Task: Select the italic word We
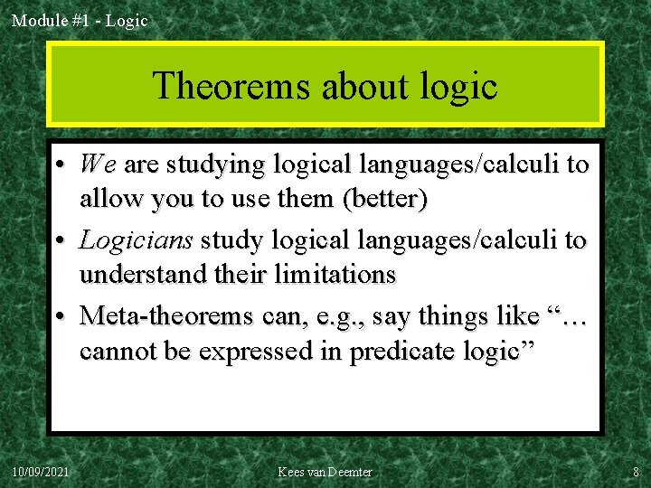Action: click(98, 164)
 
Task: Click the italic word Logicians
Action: click(137, 240)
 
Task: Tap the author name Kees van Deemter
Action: click(325, 472)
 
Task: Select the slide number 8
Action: click(636, 472)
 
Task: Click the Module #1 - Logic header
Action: click(79, 20)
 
